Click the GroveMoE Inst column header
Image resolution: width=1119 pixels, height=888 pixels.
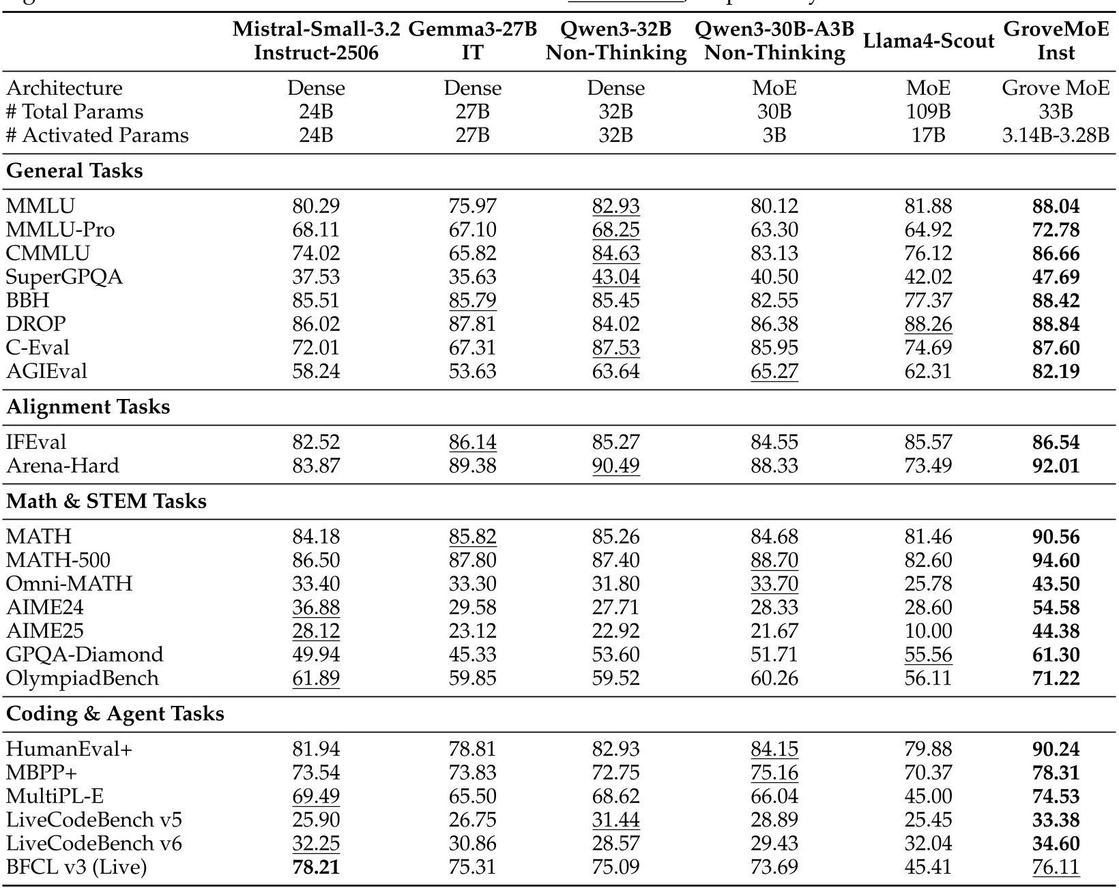click(1056, 41)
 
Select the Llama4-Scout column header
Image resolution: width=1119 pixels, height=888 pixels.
click(928, 41)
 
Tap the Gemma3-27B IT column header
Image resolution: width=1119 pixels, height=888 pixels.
click(472, 41)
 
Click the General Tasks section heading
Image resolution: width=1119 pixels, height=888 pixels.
click(74, 171)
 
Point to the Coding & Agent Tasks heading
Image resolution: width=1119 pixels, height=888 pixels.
click(115, 713)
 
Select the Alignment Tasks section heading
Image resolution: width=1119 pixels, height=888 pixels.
click(88, 406)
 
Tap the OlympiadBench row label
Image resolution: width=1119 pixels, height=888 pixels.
click(82, 678)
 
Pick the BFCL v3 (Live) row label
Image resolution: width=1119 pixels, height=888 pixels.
click(76, 867)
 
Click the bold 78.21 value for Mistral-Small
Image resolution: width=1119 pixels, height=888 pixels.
click(316, 867)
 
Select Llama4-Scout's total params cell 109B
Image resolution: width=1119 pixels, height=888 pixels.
click(928, 112)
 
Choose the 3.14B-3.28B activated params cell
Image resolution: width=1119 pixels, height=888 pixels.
click(1056, 135)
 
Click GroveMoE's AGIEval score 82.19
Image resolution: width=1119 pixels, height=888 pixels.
click(1056, 371)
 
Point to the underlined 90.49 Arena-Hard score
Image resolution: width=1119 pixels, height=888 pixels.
click(616, 466)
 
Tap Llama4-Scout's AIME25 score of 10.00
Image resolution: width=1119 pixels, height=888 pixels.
click(928, 631)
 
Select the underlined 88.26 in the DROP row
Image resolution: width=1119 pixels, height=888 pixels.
click(928, 324)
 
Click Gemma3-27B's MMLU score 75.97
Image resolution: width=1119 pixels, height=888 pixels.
click(472, 206)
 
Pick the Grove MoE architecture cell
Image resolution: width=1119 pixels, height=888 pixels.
click(1056, 88)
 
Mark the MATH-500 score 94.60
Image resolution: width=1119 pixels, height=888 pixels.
click(1056, 560)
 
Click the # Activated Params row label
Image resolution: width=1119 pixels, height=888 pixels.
click(97, 135)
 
